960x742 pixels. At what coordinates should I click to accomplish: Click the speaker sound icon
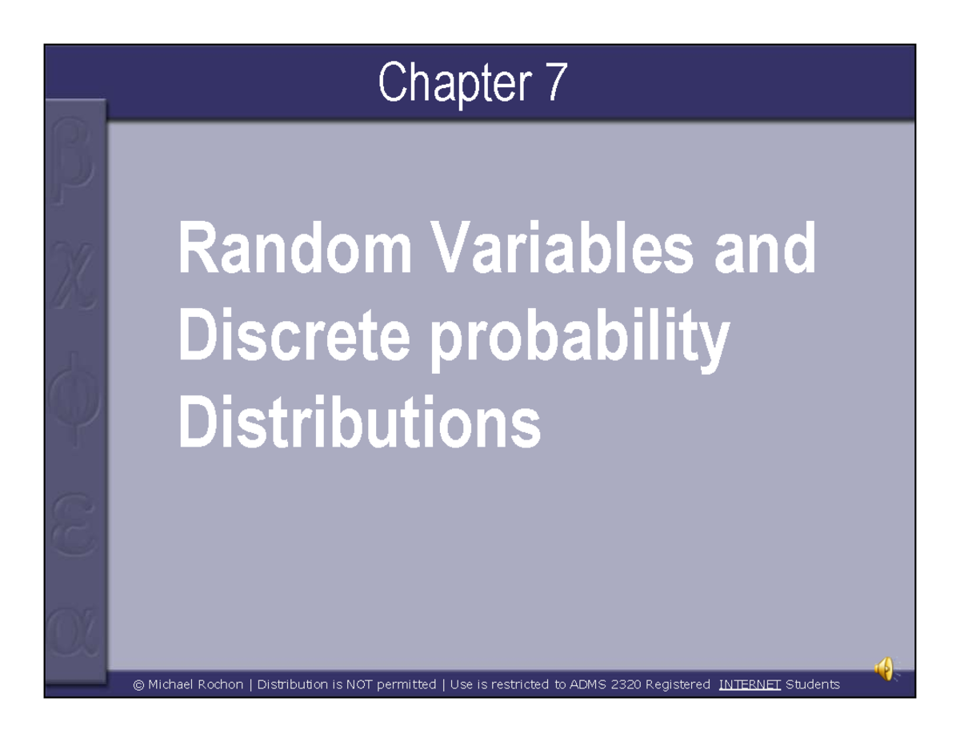pos(884,668)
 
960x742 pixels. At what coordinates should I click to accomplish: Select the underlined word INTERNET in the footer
pos(750,684)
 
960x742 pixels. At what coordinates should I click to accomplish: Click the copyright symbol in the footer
pos(138,685)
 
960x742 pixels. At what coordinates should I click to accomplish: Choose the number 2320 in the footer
pos(626,684)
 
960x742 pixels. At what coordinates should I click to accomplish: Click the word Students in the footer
pos(813,684)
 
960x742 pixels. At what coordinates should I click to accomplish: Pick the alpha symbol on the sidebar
pos(74,632)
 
